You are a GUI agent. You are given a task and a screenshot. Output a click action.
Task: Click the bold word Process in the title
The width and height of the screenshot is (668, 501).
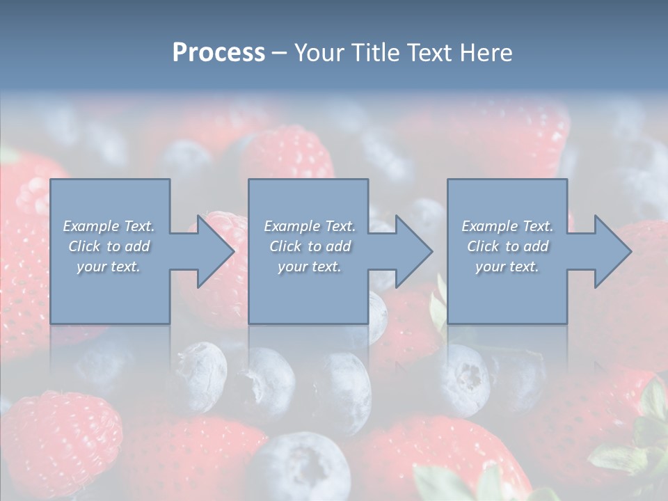click(218, 53)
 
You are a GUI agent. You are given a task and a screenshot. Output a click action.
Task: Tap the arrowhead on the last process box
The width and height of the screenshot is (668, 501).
click(612, 251)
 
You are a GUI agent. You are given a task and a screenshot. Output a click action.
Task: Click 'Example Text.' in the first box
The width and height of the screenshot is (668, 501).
click(109, 226)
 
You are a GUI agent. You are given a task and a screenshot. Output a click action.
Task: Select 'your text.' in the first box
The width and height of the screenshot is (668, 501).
click(109, 267)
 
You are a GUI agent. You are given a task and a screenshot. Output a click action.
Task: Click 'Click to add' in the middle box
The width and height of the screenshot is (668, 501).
click(310, 246)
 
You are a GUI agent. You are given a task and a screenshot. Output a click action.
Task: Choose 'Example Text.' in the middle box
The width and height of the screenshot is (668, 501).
click(310, 226)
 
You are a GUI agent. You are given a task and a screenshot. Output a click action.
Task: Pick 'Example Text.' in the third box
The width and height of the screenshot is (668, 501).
click(507, 226)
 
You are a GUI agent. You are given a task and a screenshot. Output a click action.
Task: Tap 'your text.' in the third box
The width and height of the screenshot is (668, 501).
click(507, 267)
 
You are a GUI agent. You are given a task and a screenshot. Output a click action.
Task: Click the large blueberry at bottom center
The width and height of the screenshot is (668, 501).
click(299, 466)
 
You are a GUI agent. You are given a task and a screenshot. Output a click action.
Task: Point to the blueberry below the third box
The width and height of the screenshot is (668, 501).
click(465, 379)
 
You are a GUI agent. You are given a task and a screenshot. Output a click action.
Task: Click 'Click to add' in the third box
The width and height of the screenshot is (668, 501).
click(507, 246)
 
